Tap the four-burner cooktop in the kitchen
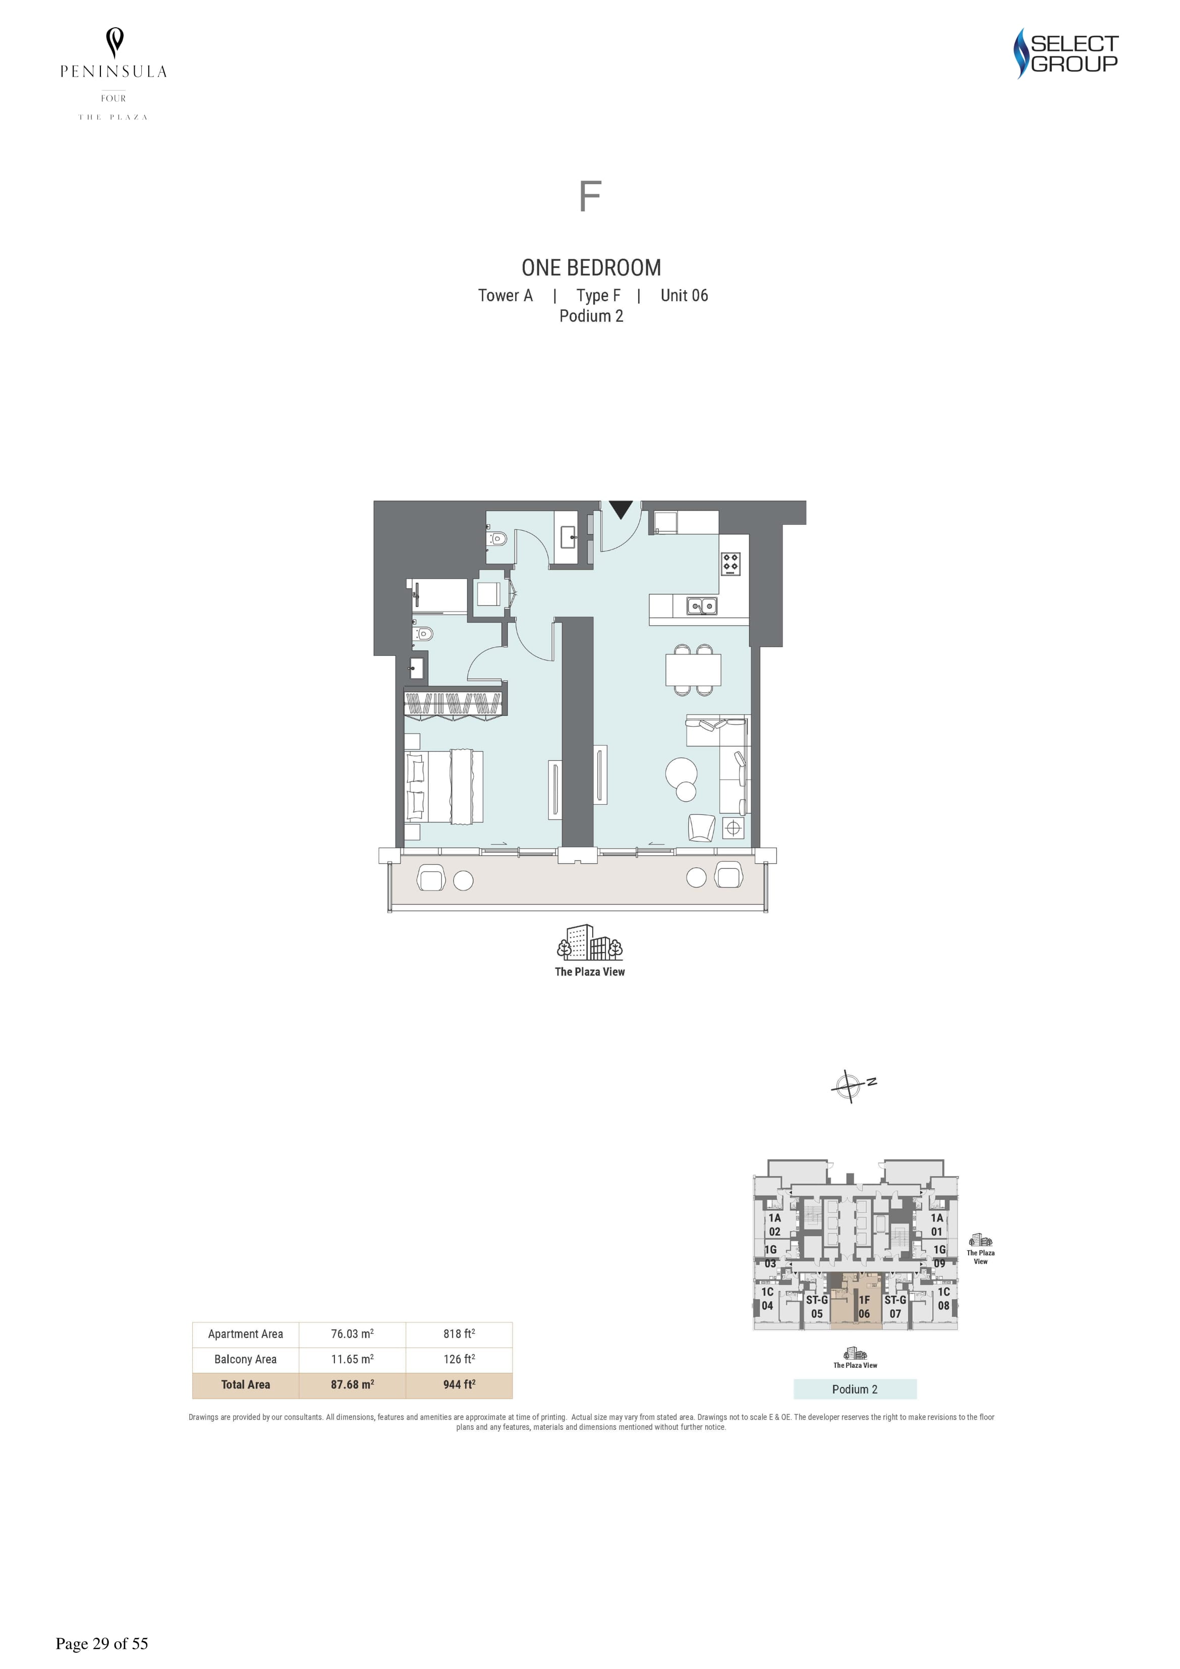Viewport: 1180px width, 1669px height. tap(731, 564)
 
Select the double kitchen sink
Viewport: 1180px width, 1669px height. tap(702, 605)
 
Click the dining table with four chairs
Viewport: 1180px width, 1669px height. tap(693, 670)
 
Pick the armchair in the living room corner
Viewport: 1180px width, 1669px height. tap(702, 827)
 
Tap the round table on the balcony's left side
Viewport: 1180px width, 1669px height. tap(463, 880)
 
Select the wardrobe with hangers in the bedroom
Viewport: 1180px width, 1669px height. tap(455, 702)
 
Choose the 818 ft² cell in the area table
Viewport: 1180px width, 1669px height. tap(459, 1334)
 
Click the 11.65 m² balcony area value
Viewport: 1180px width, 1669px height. tap(352, 1359)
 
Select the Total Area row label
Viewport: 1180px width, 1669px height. tap(246, 1385)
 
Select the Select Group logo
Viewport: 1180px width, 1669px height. tap(1066, 53)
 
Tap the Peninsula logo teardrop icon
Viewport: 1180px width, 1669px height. tap(114, 42)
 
